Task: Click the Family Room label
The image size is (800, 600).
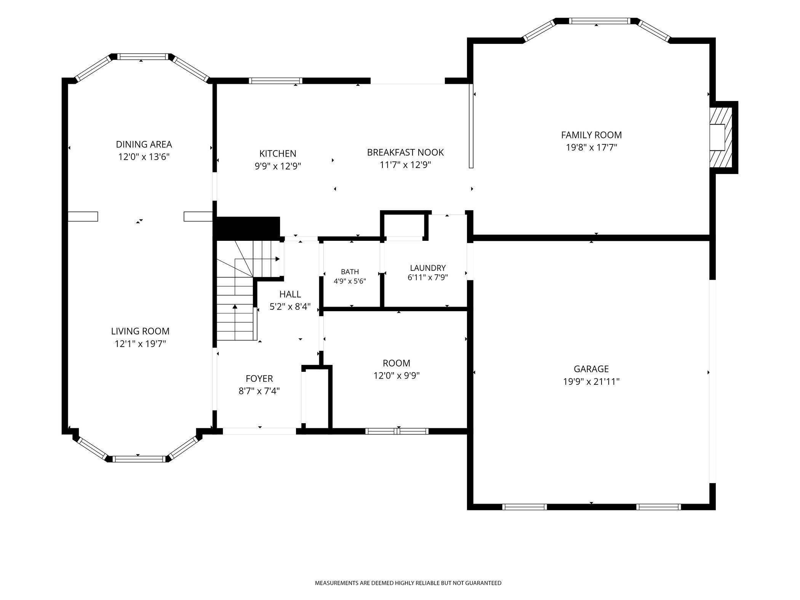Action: click(x=591, y=135)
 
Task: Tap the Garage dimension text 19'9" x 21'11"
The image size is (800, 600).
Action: click(x=591, y=382)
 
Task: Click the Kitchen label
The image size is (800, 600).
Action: click(x=278, y=154)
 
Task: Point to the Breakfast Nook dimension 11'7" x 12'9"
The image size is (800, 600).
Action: click(x=405, y=165)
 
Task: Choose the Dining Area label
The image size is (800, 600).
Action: click(x=144, y=144)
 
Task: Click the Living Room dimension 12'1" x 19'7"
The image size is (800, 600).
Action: click(x=141, y=344)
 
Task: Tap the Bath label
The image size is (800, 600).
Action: click(x=350, y=272)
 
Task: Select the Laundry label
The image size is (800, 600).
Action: click(x=428, y=268)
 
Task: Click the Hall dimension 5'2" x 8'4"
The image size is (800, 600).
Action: click(x=290, y=307)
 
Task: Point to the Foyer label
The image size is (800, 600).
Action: click(x=259, y=379)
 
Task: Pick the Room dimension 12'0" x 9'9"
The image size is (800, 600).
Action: click(x=397, y=376)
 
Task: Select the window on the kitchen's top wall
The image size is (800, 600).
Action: click(x=276, y=80)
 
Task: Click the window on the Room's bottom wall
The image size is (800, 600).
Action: click(x=397, y=431)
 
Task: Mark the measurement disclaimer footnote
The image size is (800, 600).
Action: click(x=408, y=583)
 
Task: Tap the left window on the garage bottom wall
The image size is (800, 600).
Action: click(x=525, y=507)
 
